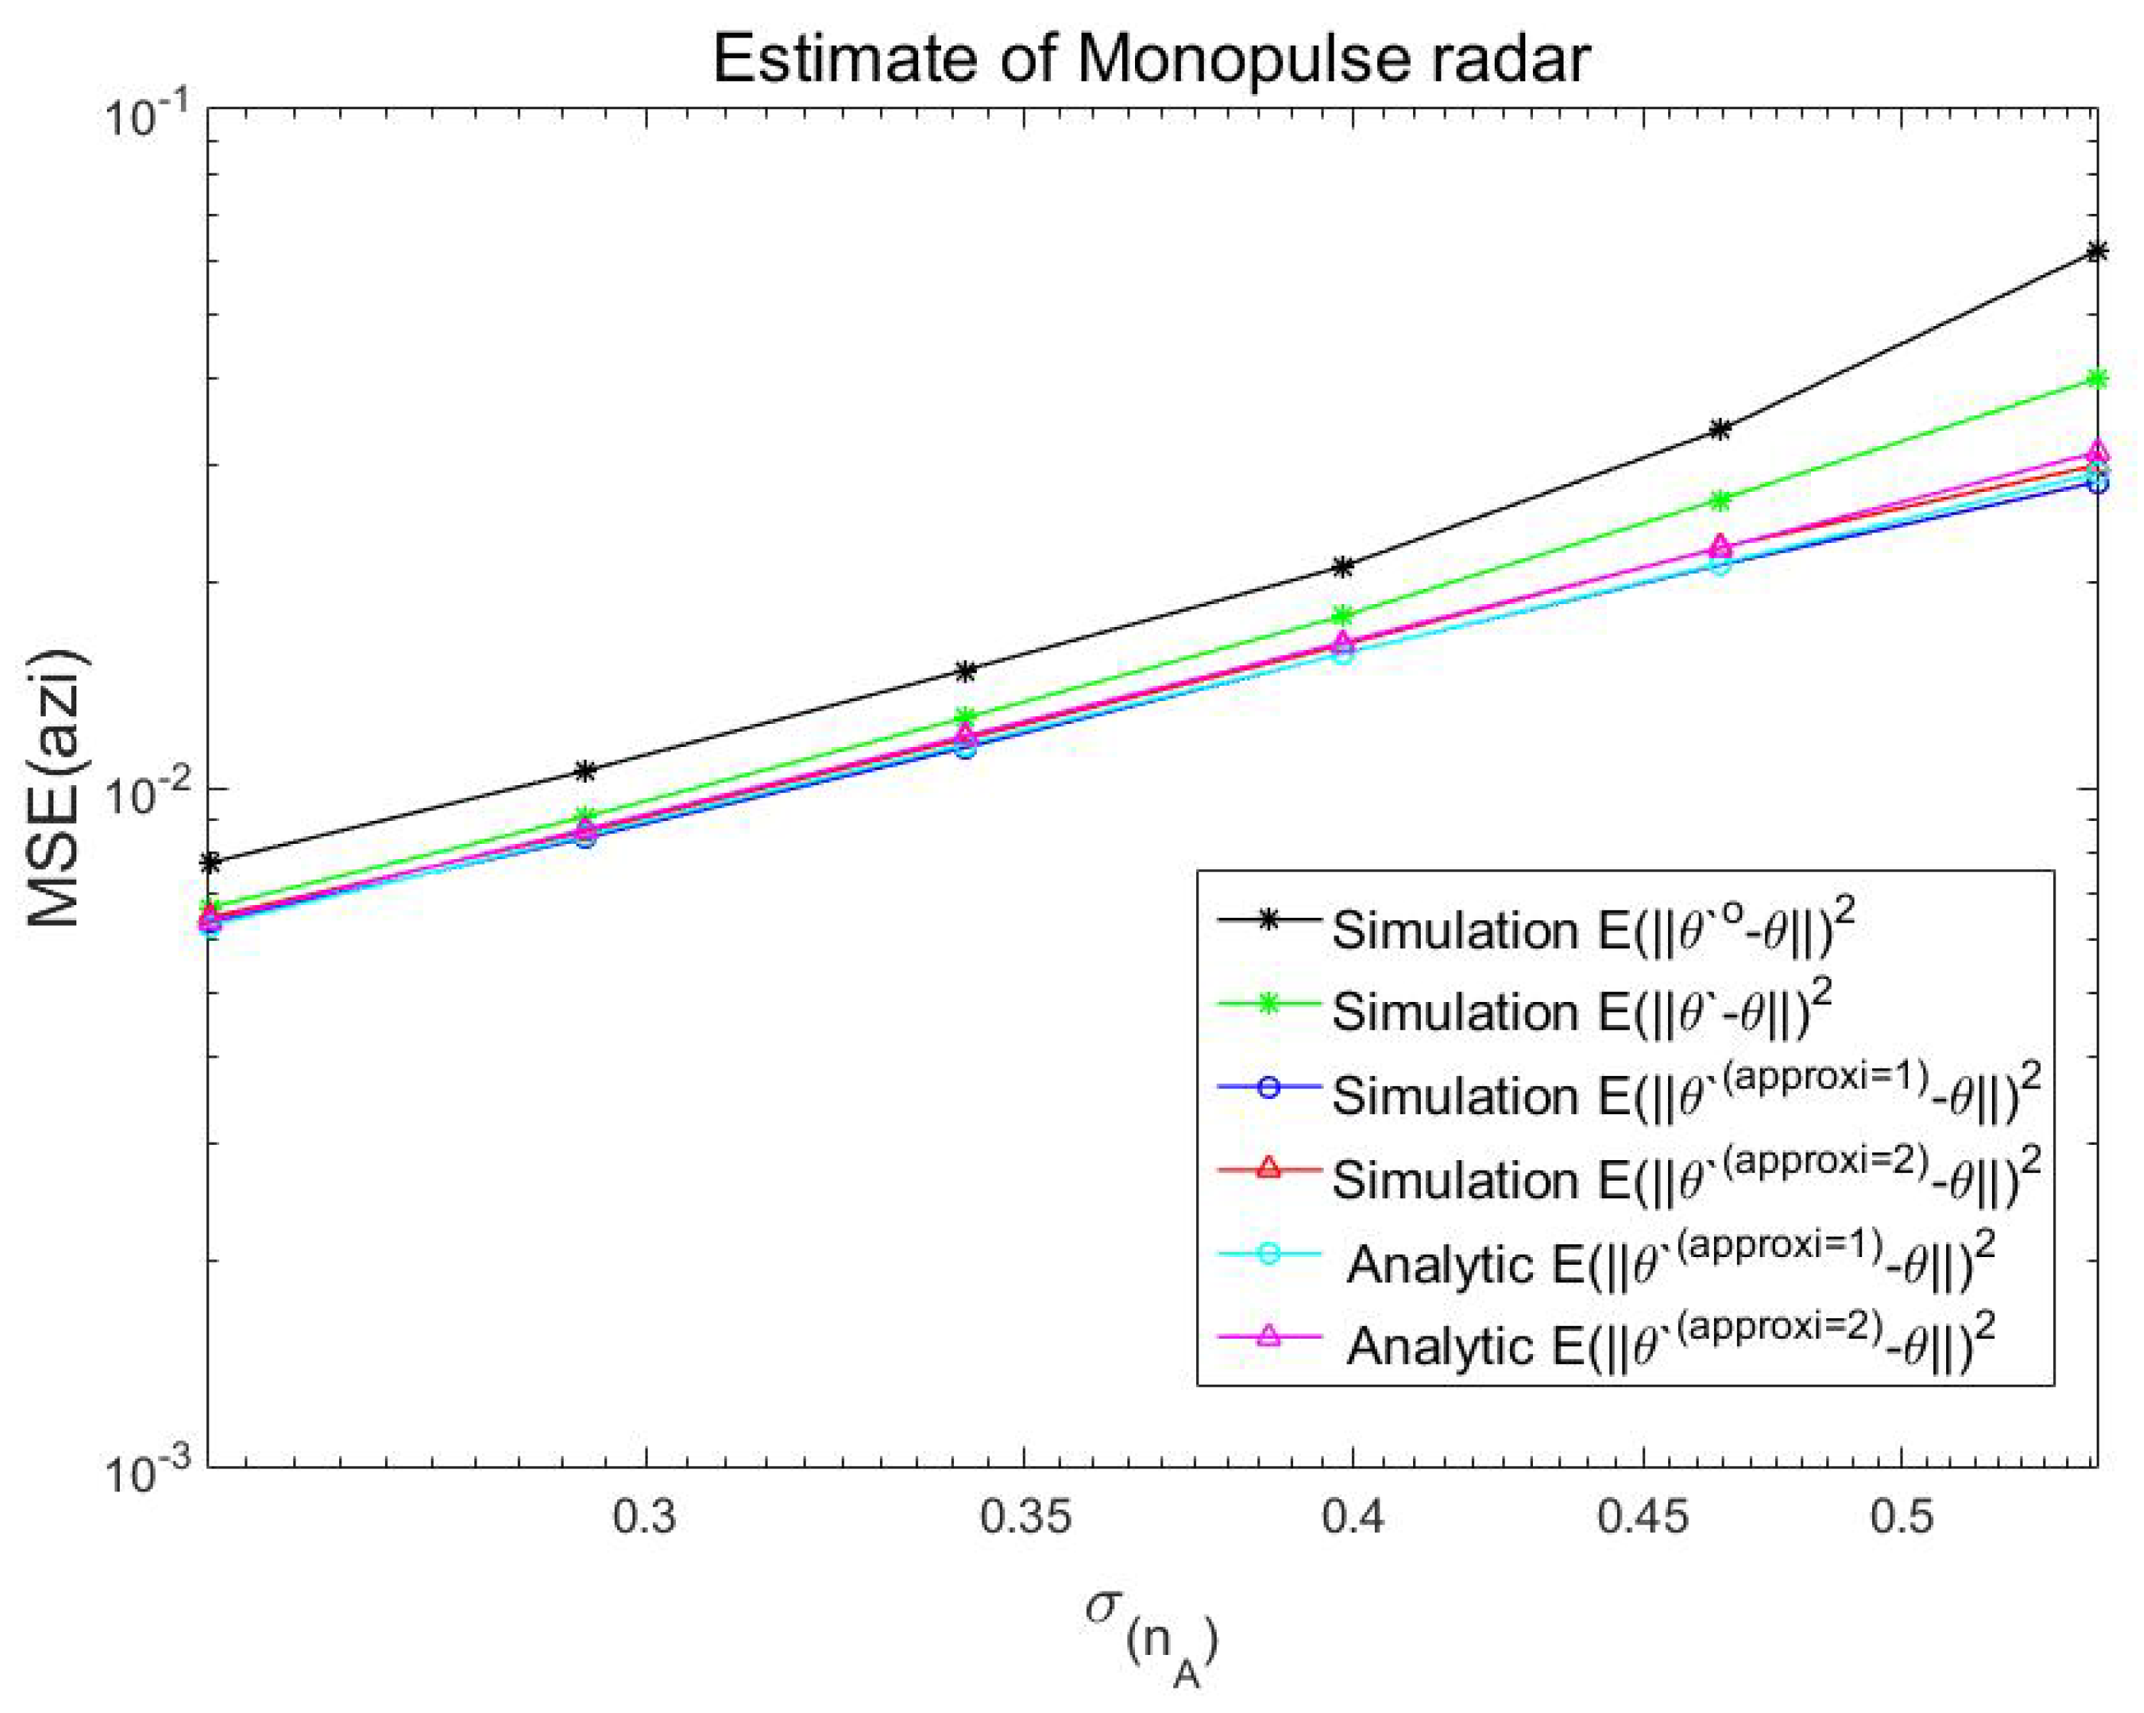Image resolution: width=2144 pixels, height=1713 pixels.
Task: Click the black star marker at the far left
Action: coord(210,862)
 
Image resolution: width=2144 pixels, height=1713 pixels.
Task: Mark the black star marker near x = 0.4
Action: coord(1344,567)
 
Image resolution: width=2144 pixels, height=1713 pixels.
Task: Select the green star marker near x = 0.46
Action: coord(1720,500)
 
